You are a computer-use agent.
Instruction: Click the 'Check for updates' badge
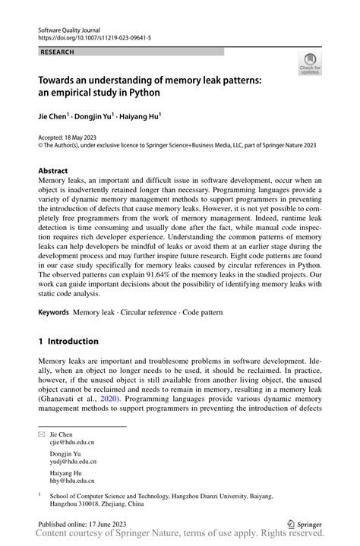309,65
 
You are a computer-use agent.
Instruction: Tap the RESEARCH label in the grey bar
58,52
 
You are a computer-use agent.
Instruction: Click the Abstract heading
55,171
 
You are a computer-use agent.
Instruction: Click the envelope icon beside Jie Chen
42,433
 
